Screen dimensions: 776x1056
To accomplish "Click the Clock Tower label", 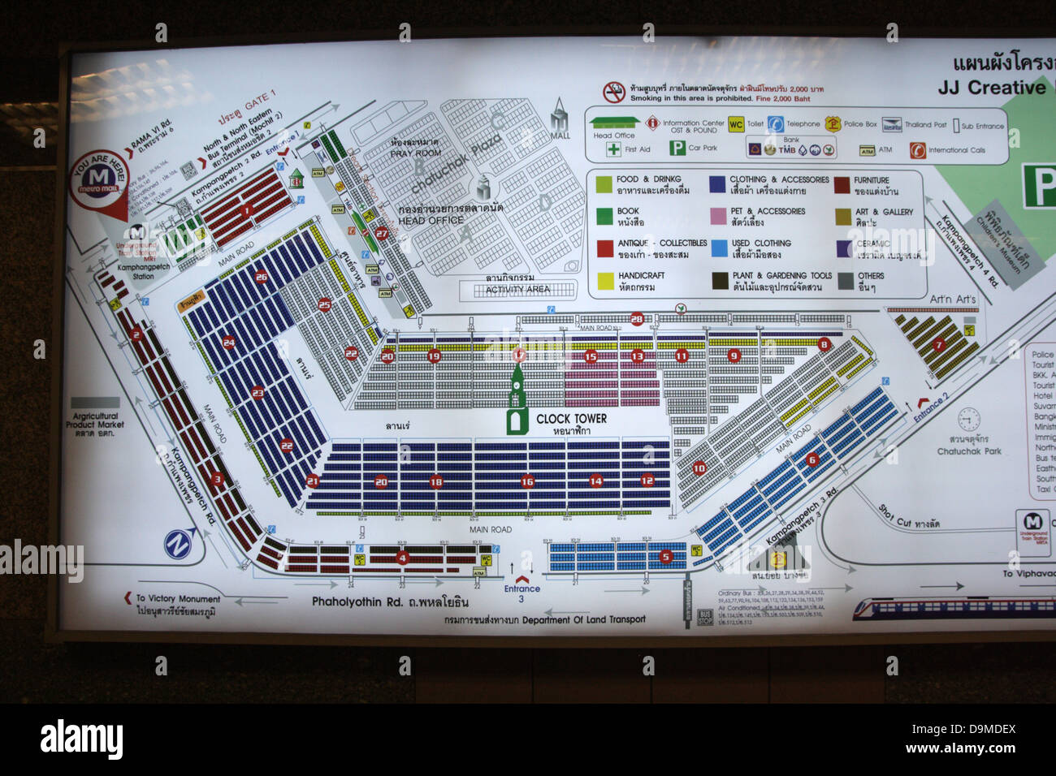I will [x=571, y=419].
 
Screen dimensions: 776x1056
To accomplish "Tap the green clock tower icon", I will [x=517, y=401].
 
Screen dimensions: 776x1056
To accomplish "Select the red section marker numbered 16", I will [x=528, y=481].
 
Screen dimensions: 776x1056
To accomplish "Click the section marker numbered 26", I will [x=261, y=277].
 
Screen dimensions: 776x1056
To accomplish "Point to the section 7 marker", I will [x=939, y=345].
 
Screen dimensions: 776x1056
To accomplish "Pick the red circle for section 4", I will [x=402, y=558].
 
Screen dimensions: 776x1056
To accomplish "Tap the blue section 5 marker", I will [x=666, y=557].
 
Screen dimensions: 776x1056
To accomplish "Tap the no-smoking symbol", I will [x=612, y=91].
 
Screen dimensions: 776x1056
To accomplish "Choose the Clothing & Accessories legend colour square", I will [x=717, y=185].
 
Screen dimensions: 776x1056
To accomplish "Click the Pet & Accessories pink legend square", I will [x=717, y=216].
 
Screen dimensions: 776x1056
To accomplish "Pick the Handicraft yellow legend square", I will [x=604, y=281].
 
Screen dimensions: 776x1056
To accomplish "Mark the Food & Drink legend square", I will [x=604, y=185].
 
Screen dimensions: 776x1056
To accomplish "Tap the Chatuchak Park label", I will [x=969, y=451].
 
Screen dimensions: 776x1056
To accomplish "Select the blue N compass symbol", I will [x=179, y=543].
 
